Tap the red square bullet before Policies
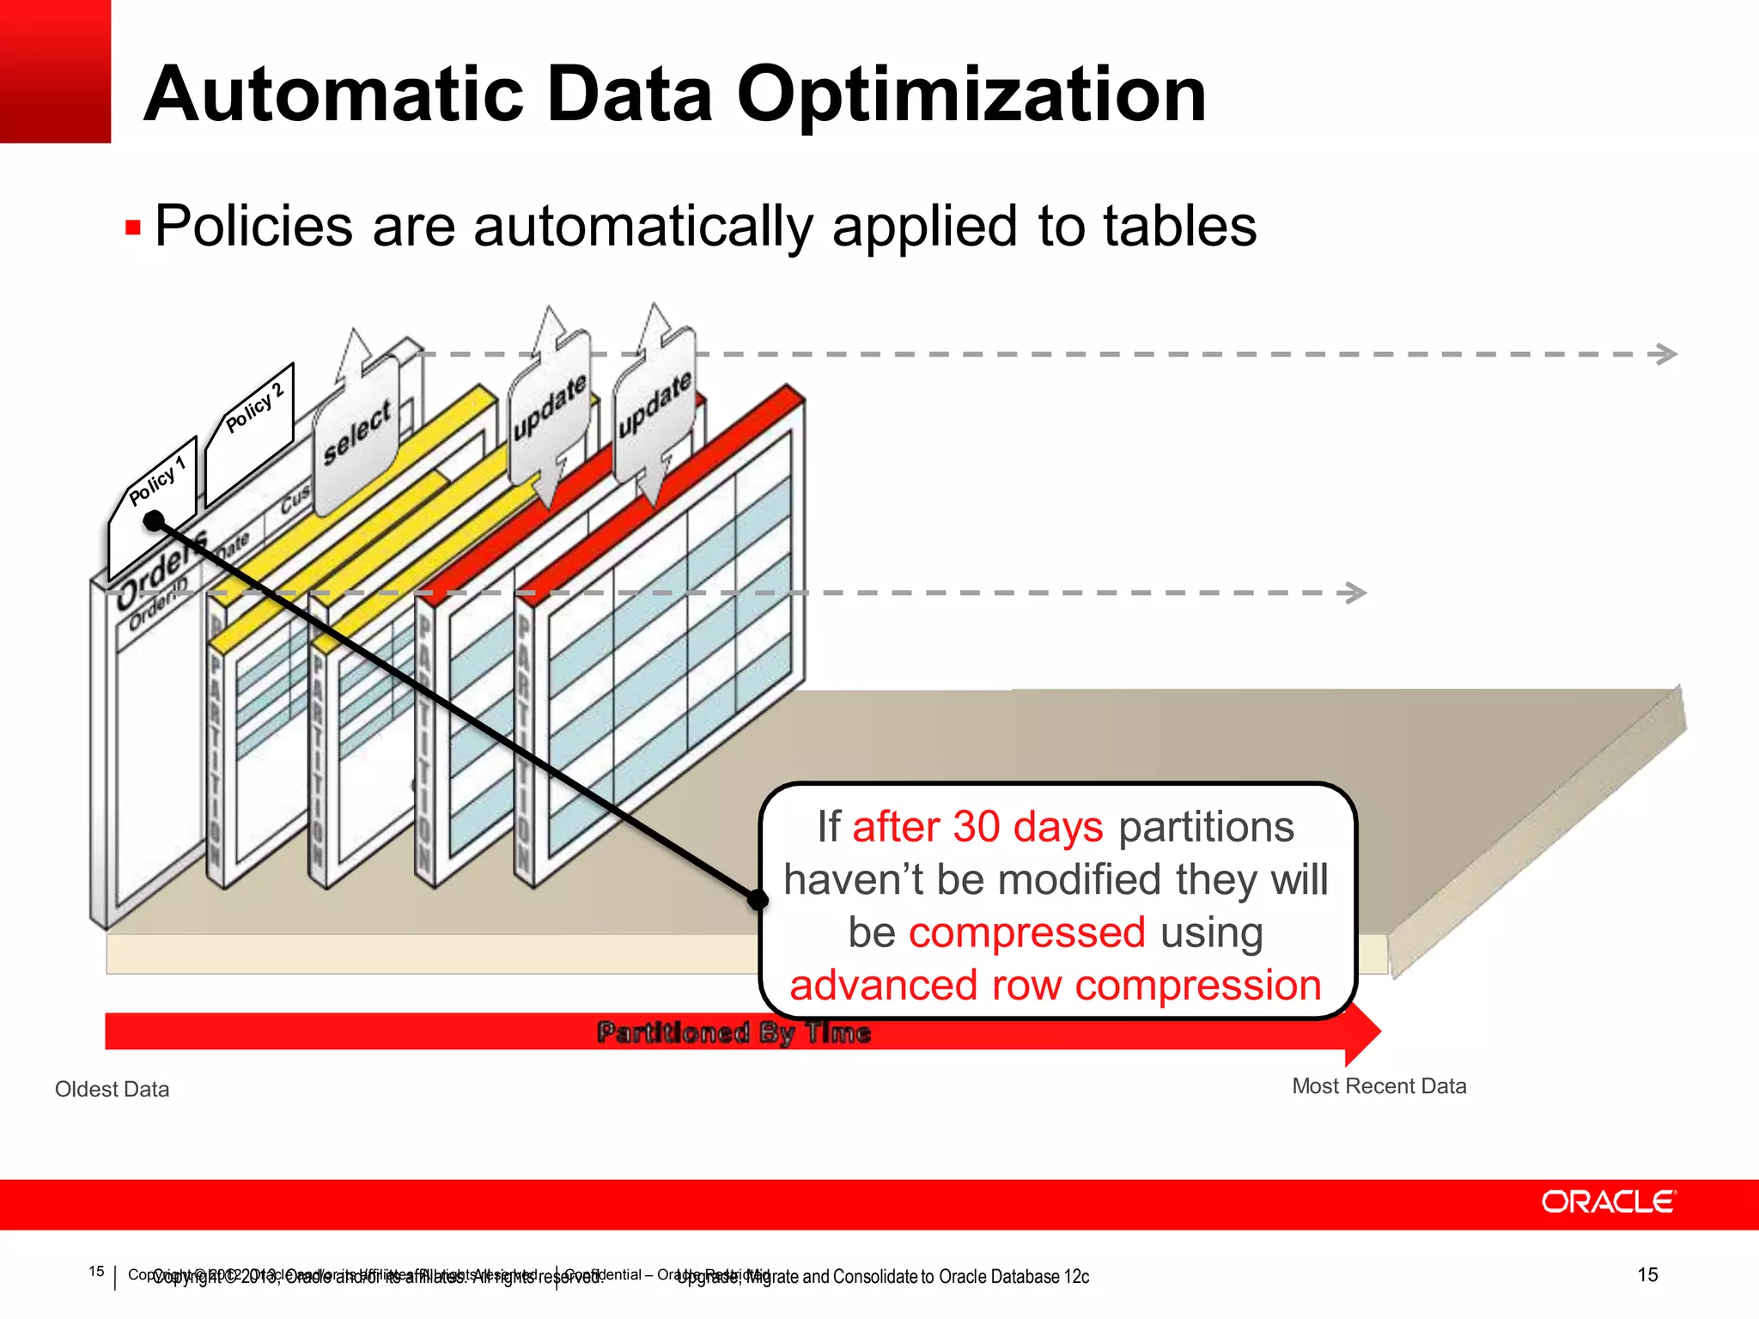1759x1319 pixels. pos(133,228)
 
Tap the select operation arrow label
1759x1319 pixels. pos(356,433)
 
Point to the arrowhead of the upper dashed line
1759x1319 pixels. pos(1667,354)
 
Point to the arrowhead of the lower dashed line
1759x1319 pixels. pos(1356,593)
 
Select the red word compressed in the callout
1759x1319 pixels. pos(1026,933)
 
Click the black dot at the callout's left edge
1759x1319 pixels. pos(758,900)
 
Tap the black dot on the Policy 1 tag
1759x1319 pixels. pos(154,520)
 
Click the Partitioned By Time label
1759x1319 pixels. pos(733,1032)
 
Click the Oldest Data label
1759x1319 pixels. pos(112,1089)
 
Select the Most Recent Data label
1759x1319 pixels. pos(1379,1086)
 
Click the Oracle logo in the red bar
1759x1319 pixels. pos(1608,1202)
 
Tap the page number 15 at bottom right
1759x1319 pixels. pos(1646,1275)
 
